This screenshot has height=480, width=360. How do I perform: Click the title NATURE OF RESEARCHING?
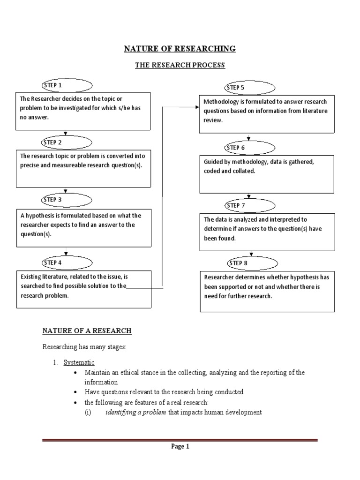point(180,49)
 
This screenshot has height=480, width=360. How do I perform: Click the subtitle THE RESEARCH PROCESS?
point(180,65)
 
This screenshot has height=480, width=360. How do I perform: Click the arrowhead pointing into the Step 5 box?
point(197,107)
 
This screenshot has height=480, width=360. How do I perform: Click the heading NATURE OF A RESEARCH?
point(87,331)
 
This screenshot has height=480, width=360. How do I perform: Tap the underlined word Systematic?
point(79,362)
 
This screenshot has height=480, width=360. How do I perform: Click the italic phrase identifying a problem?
point(135,412)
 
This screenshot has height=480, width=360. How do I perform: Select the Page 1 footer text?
point(180,447)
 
